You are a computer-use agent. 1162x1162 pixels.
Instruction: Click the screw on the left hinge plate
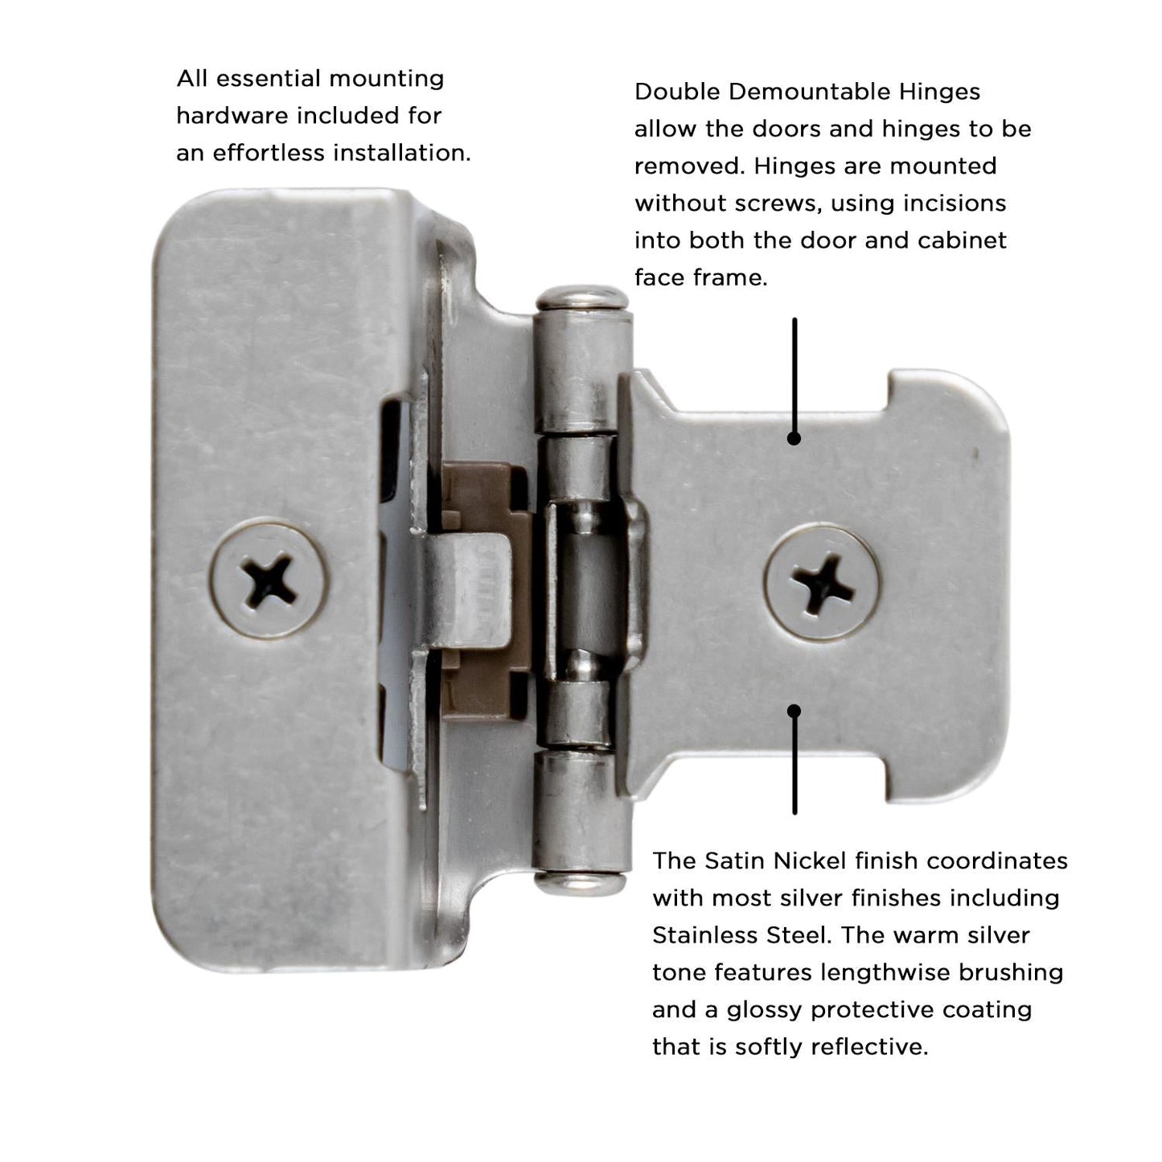[269, 579]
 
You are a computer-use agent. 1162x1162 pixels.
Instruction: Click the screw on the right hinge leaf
[822, 581]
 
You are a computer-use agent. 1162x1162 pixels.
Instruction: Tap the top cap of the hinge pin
[582, 298]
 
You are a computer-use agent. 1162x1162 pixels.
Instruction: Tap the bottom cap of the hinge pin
[582, 883]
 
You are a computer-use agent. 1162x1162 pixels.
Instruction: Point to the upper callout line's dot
[795, 439]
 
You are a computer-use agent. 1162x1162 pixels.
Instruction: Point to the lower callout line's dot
[795, 711]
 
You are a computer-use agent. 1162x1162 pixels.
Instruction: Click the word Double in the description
[677, 92]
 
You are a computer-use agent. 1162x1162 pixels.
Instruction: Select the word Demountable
[804, 92]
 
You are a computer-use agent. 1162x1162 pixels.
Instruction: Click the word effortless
[269, 153]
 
